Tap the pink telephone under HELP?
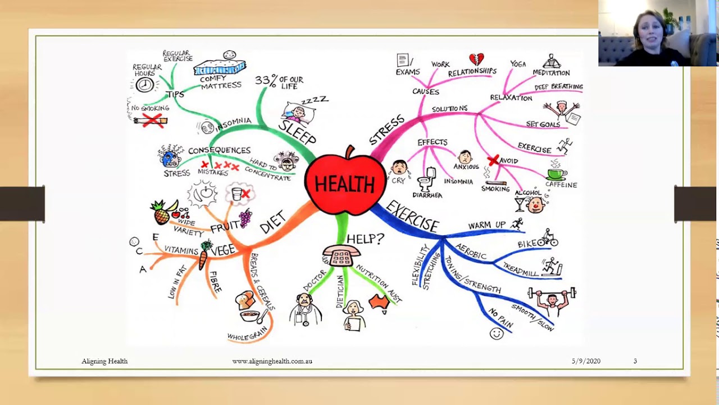(340, 256)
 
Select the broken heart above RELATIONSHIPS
(476, 60)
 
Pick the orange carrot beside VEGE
(203, 259)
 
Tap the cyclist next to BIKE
(548, 238)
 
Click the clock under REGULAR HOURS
(145, 85)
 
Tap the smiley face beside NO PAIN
(496, 334)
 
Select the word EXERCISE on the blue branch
(413, 216)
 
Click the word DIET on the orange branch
(273, 222)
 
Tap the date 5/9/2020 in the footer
(586, 361)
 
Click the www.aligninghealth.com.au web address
(272, 361)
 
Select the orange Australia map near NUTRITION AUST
(379, 302)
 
